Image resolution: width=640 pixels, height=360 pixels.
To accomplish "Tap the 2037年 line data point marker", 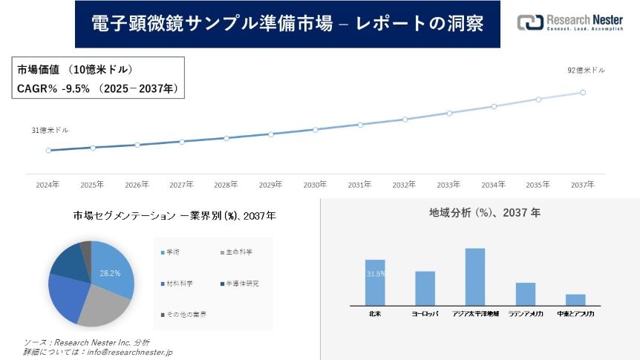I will (x=583, y=93).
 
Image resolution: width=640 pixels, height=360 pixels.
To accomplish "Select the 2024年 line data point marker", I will (x=48, y=150).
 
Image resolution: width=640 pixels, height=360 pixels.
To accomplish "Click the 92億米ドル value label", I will (x=586, y=71).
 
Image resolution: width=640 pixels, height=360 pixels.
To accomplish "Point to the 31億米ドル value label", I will (x=50, y=130).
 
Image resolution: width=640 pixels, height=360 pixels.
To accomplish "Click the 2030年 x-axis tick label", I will (x=316, y=184).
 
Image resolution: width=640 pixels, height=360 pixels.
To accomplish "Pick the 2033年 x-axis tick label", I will (x=448, y=184).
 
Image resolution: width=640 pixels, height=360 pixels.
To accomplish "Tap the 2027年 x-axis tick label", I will (x=182, y=184).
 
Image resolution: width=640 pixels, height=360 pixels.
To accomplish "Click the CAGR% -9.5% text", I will (x=53, y=88).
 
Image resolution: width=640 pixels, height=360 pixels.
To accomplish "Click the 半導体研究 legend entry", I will (x=239, y=284).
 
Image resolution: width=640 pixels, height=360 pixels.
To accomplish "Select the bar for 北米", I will (x=375, y=282).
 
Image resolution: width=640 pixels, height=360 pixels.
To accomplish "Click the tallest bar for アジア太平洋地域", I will (x=475, y=276).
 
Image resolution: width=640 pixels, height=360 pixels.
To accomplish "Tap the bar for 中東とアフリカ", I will (x=575, y=300).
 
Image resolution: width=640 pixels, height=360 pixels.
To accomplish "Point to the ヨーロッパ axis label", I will (x=425, y=314).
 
